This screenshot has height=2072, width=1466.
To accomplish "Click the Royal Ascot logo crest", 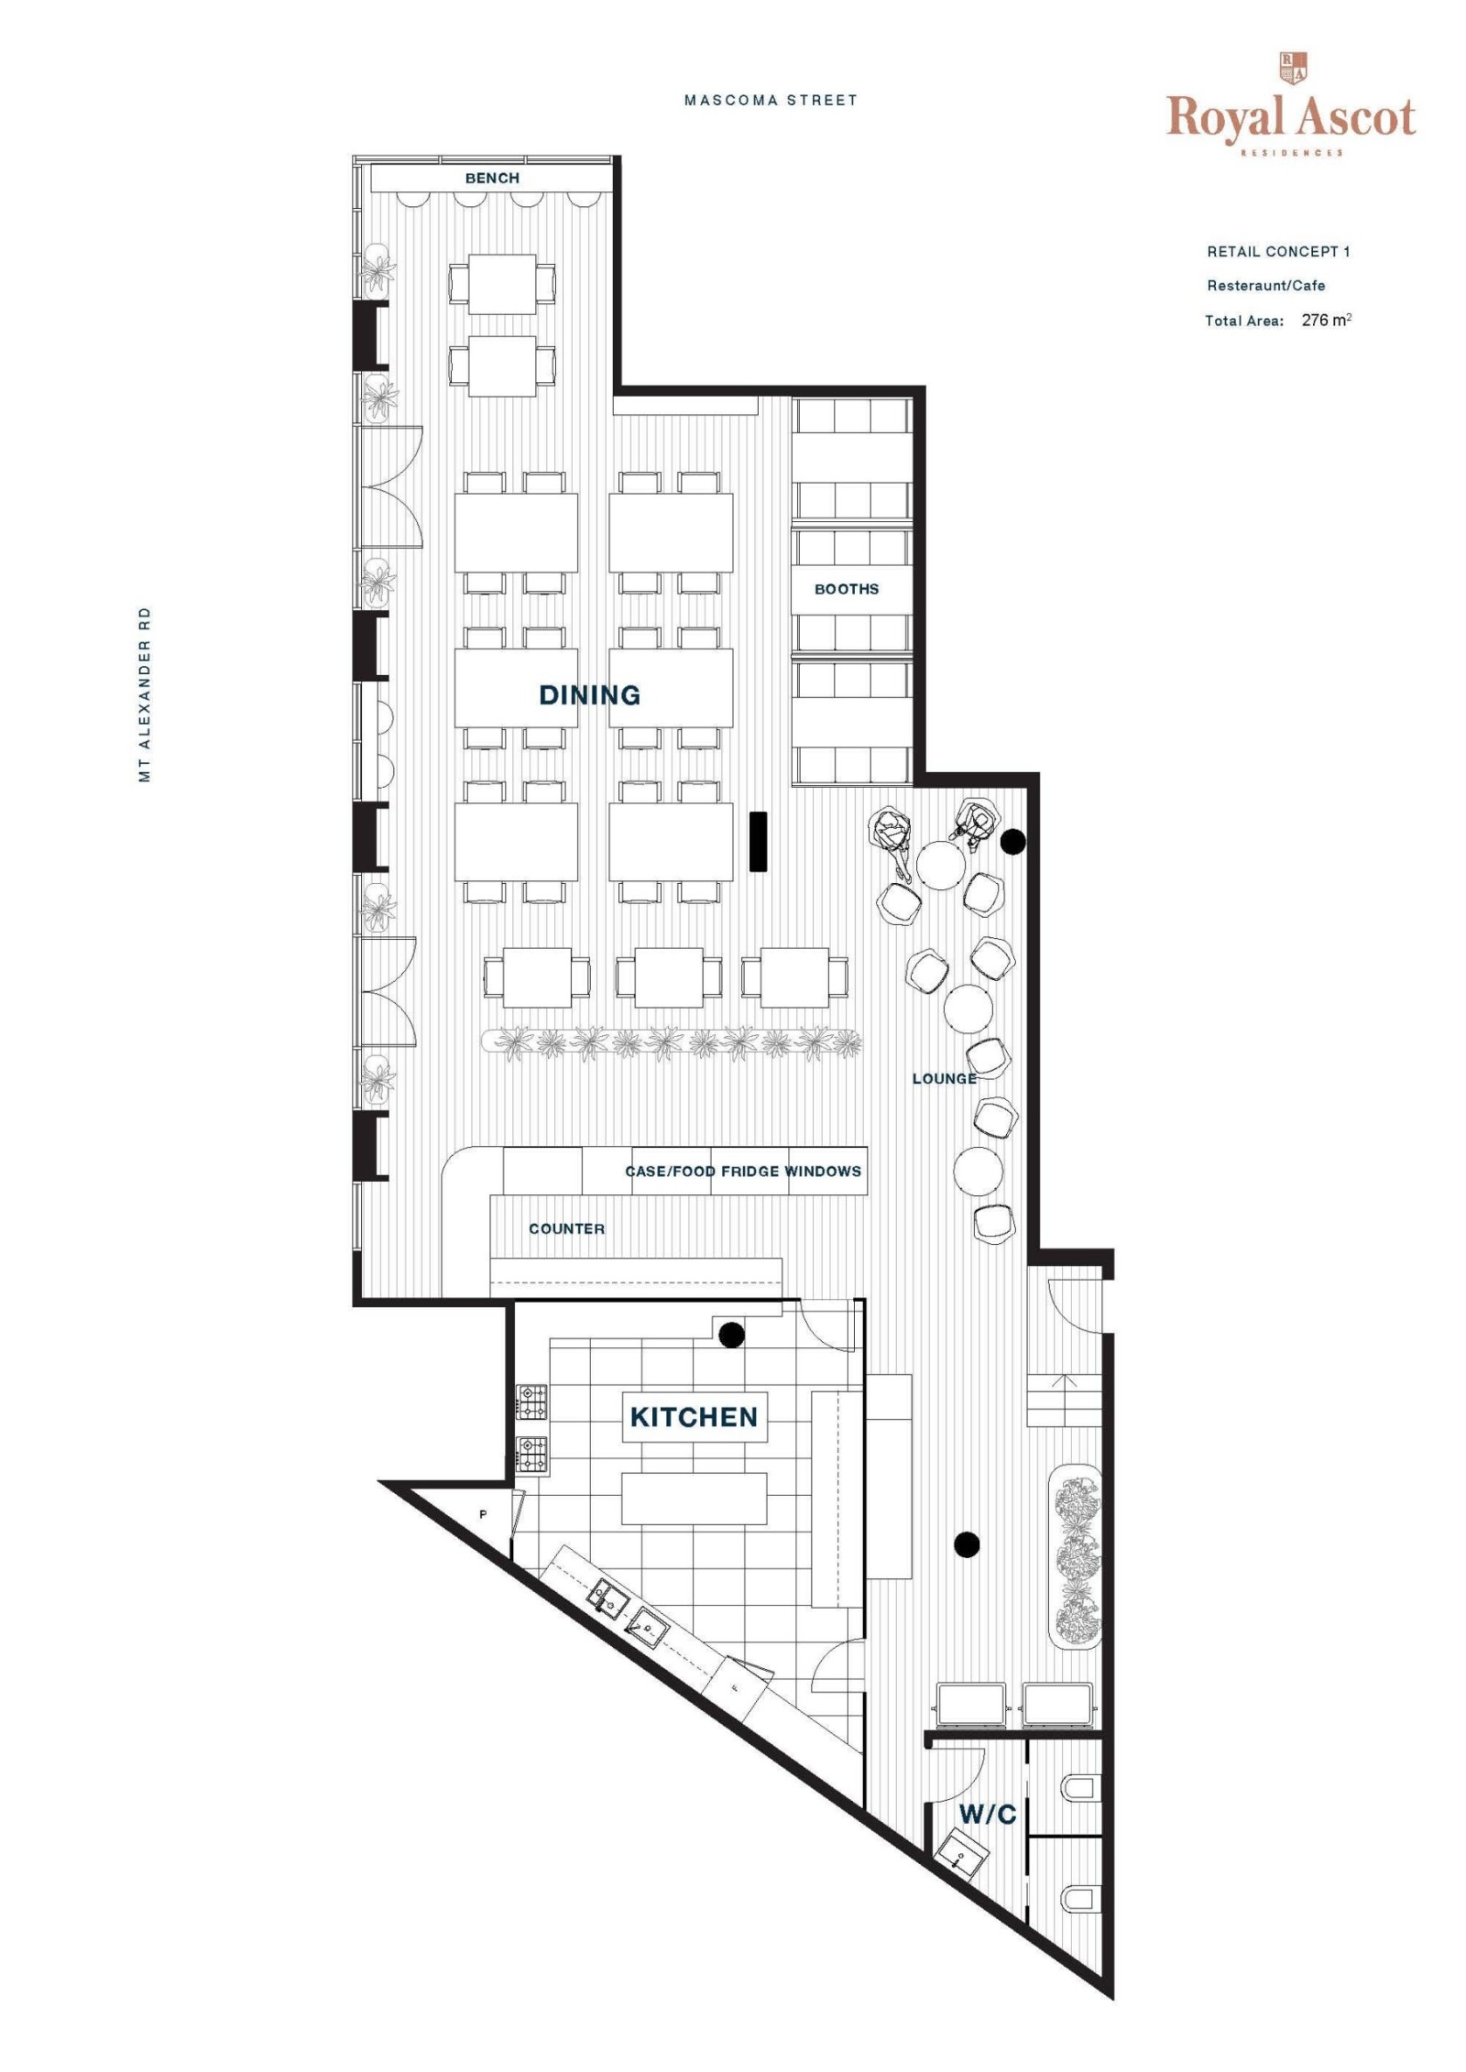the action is click(1292, 68).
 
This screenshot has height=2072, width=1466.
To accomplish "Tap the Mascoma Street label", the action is click(771, 101).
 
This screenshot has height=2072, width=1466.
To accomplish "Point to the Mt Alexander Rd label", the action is click(144, 694).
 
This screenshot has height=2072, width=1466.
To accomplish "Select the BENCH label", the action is click(492, 178).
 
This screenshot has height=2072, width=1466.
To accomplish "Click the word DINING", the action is click(589, 695).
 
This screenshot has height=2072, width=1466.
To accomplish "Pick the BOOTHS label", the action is click(847, 589).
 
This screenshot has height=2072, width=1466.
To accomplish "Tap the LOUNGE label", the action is click(944, 1078).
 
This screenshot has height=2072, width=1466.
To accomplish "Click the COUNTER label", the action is click(566, 1228).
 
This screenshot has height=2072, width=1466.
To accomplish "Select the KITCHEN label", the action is click(694, 1417).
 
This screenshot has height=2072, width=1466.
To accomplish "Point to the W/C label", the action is click(987, 1814).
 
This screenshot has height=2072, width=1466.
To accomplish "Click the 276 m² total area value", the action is click(1326, 320).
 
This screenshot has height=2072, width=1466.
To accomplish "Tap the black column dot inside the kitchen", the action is click(730, 1335).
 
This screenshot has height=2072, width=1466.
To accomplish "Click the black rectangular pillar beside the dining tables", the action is click(758, 841).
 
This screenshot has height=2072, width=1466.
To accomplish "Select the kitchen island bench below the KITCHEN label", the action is click(694, 1499).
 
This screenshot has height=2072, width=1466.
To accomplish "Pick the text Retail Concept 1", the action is click(1278, 251).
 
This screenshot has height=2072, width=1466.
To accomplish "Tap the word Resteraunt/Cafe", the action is click(1265, 286).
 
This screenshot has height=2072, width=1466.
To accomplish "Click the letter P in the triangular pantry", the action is click(483, 1515).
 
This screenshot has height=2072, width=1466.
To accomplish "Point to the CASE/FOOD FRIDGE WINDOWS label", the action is click(742, 1171).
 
